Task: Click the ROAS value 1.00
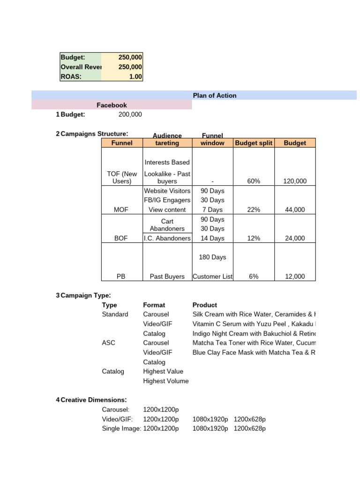tap(135, 77)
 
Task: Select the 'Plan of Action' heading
tap(215, 95)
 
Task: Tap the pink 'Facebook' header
tap(112, 105)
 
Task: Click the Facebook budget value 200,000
tap(130, 115)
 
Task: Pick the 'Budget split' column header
tap(254, 143)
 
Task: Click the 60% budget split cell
tap(254, 181)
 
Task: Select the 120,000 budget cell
tap(295, 181)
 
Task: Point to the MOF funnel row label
tap(121, 210)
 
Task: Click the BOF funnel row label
tap(121, 238)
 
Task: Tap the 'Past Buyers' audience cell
tap(167, 276)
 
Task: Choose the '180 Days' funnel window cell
tap(212, 257)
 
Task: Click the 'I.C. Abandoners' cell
tap(167, 238)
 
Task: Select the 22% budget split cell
tap(254, 210)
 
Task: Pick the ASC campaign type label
tap(109, 343)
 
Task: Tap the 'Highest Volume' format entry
tap(166, 381)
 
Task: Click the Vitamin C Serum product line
tap(254, 324)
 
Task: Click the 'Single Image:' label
tap(121, 428)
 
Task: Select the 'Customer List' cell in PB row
tap(212, 276)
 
